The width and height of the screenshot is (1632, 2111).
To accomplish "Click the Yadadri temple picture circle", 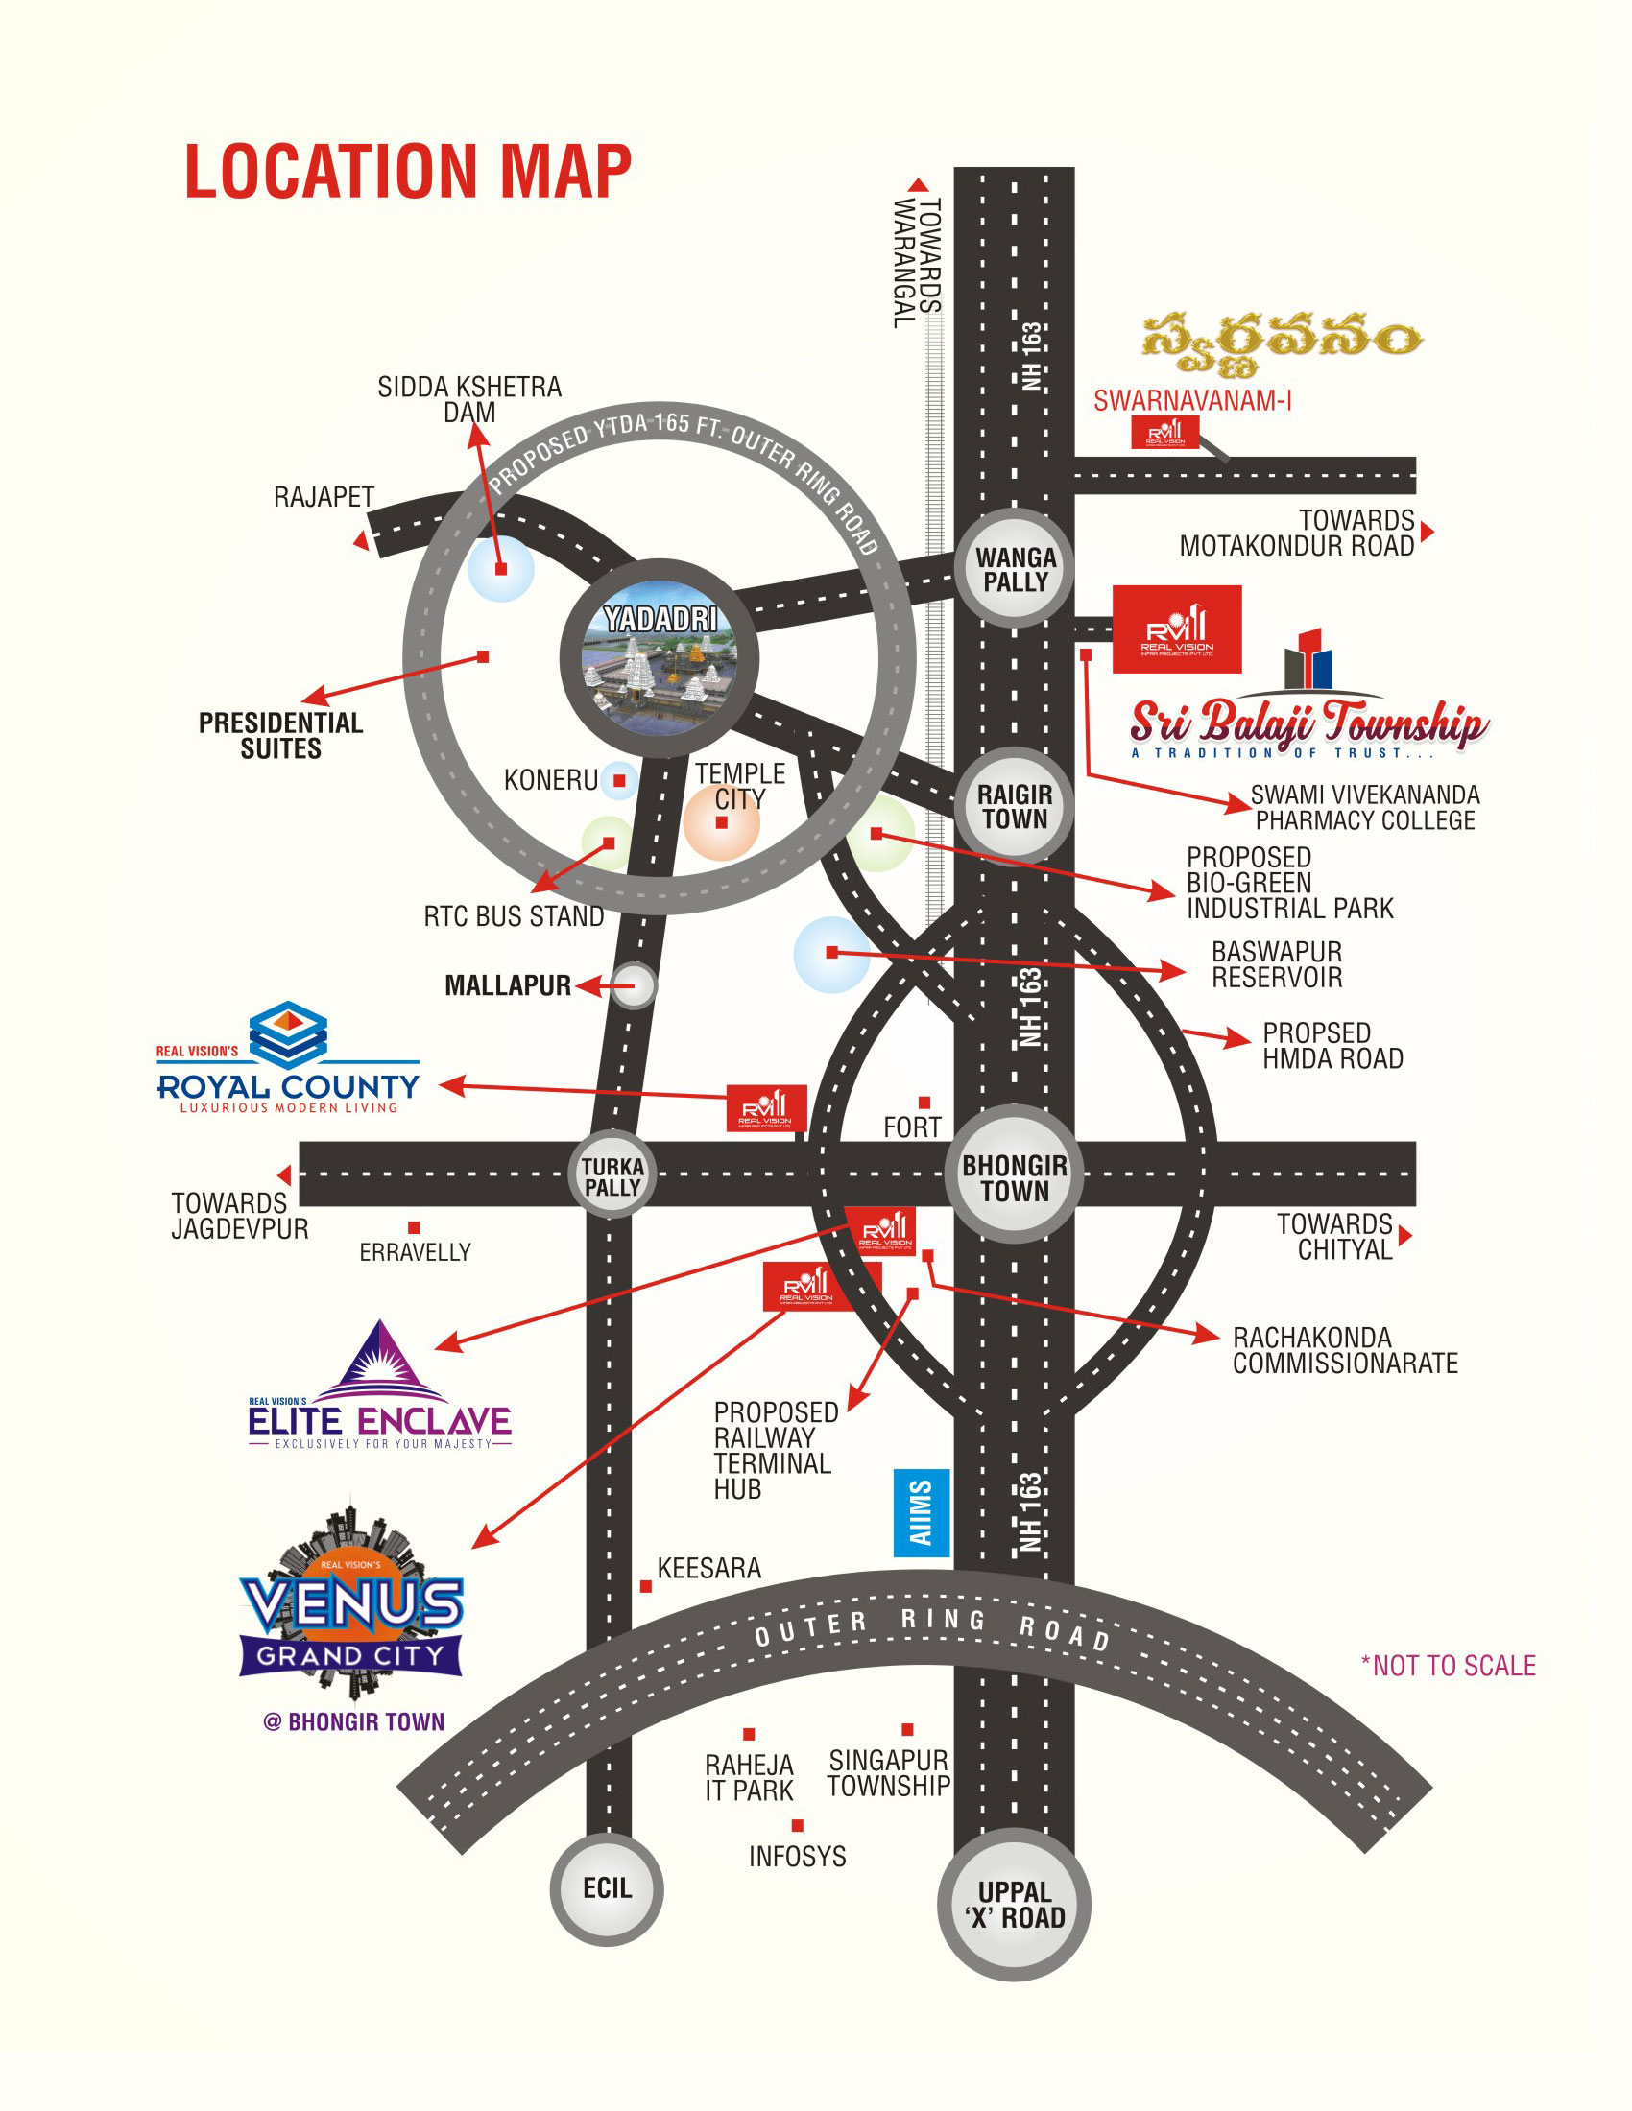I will pyautogui.click(x=659, y=658).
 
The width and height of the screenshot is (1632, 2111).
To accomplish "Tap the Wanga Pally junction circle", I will pyautogui.click(x=1014, y=569).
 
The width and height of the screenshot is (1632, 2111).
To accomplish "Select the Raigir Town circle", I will pyautogui.click(x=1014, y=806).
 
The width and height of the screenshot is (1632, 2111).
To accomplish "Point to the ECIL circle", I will pyautogui.click(x=606, y=1887).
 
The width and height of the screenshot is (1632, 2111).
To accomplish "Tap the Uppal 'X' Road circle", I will pyautogui.click(x=1014, y=1904).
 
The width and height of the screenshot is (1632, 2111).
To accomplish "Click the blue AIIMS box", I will pyautogui.click(x=922, y=1512).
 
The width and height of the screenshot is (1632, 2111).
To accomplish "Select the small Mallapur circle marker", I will pyautogui.click(x=635, y=985).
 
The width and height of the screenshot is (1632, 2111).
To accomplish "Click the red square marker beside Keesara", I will pyautogui.click(x=646, y=1586).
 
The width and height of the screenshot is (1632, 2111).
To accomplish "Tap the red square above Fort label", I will pyautogui.click(x=924, y=1103).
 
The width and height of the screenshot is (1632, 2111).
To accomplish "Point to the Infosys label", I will pyautogui.click(x=797, y=1856).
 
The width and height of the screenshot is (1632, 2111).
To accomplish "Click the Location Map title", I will pyautogui.click(x=408, y=172).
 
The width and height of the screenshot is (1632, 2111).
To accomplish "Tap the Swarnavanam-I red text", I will pyautogui.click(x=1192, y=401).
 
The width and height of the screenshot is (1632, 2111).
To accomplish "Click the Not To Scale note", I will pyautogui.click(x=1449, y=1666).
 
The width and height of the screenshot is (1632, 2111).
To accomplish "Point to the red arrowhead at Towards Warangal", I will pyautogui.click(x=919, y=184).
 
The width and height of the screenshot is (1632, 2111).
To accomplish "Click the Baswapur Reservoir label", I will pyautogui.click(x=1276, y=964).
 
